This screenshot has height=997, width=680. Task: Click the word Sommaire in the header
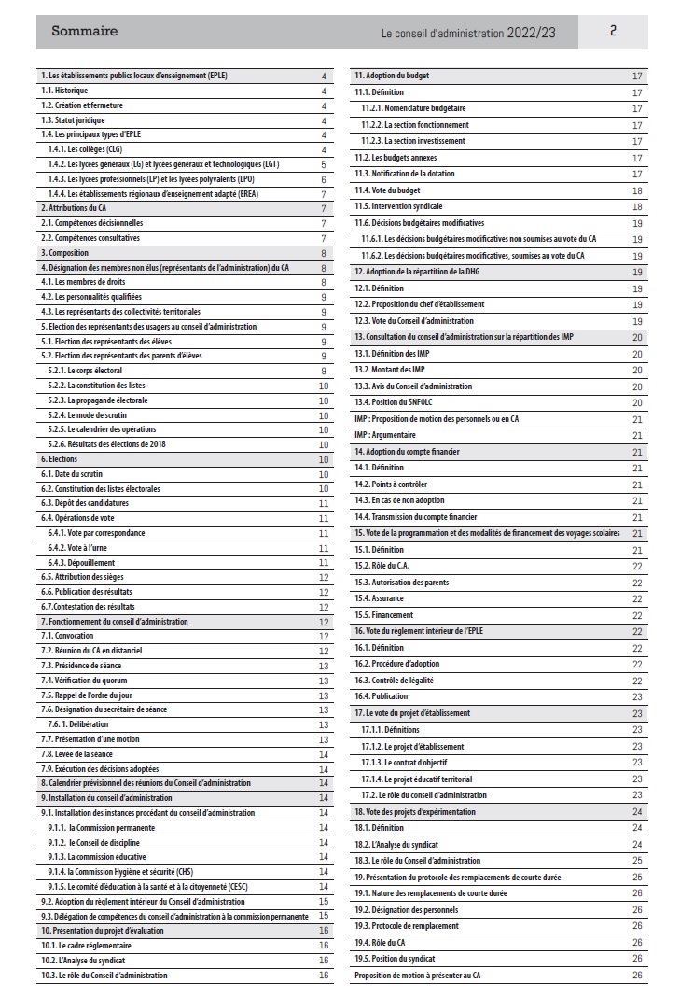click(x=84, y=31)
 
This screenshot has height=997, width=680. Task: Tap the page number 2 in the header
click(x=613, y=31)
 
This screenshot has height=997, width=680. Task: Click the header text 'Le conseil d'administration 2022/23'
click(x=468, y=33)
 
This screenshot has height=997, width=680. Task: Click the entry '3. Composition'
click(x=66, y=252)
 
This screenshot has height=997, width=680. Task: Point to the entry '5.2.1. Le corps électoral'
click(x=85, y=371)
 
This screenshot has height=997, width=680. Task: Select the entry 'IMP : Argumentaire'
click(x=385, y=435)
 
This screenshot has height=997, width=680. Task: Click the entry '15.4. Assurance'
click(x=380, y=598)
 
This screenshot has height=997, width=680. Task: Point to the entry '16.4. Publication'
click(x=382, y=696)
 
